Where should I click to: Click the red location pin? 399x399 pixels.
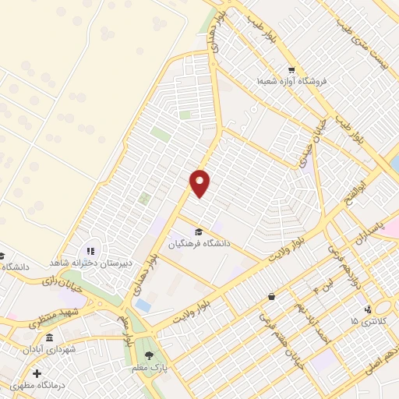[200, 183]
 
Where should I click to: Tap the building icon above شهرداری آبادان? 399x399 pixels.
[49, 338]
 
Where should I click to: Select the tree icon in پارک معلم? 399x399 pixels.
[160, 355]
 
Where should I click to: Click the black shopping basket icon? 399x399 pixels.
[271, 297]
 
